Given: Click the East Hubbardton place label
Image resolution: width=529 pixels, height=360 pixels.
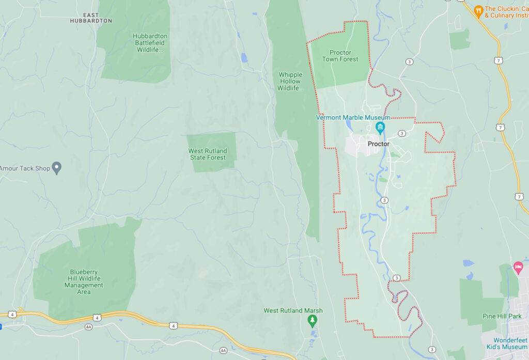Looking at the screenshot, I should [x=91, y=18].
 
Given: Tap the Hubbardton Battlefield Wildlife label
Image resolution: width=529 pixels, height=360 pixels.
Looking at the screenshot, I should [x=150, y=43].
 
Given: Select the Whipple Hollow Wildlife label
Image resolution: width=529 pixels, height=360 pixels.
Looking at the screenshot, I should [x=290, y=82].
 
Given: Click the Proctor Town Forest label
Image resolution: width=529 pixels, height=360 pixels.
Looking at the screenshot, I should [x=340, y=56].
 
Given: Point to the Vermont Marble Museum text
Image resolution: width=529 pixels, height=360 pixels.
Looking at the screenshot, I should [x=353, y=118].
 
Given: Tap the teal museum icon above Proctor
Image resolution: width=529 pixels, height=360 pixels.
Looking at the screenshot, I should [x=381, y=127].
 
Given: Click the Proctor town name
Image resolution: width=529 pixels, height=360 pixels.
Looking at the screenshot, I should [x=378, y=144].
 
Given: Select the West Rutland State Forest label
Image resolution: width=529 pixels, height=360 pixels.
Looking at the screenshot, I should [x=207, y=154].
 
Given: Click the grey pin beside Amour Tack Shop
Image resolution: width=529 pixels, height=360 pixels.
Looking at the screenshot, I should [x=57, y=167].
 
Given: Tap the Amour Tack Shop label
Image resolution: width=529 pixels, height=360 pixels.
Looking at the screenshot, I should [x=24, y=168].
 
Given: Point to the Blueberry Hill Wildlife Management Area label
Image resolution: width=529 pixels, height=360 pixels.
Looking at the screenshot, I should [x=84, y=281].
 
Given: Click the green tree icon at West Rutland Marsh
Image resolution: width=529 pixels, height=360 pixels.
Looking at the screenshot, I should [x=312, y=321].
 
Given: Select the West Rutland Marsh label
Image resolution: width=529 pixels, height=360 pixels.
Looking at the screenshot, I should [x=293, y=310].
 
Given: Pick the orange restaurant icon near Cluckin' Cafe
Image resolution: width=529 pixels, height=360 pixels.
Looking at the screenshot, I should [x=479, y=9].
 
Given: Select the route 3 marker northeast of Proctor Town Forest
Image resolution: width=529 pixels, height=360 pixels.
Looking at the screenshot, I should [x=410, y=61].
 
